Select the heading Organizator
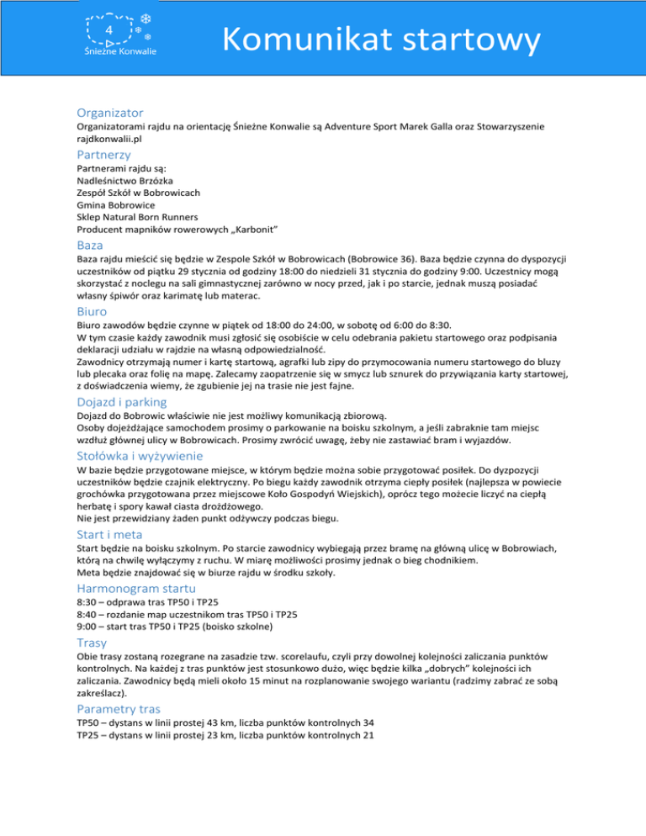tap(109, 112)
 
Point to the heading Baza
tap(90, 245)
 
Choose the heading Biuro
tap(93, 310)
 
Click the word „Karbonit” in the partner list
tap(252, 229)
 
